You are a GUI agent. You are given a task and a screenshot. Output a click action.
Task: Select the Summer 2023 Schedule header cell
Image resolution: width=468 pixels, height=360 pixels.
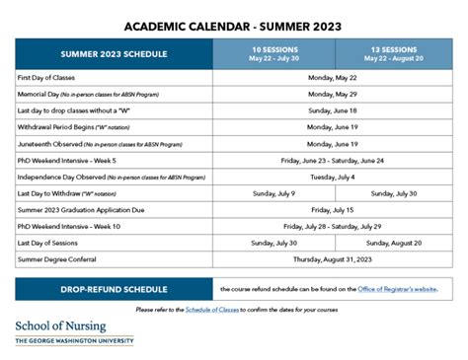coord(114,53)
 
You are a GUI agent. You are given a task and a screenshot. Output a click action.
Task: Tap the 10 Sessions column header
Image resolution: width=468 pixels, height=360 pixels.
coord(273,52)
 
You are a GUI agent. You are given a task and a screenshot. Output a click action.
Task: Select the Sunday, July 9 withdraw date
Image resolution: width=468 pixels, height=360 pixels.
coord(273,193)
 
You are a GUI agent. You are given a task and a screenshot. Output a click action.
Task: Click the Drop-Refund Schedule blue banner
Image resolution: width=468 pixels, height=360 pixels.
coord(114,289)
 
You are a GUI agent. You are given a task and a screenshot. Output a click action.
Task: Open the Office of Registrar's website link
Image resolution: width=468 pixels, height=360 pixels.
coord(398,289)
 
